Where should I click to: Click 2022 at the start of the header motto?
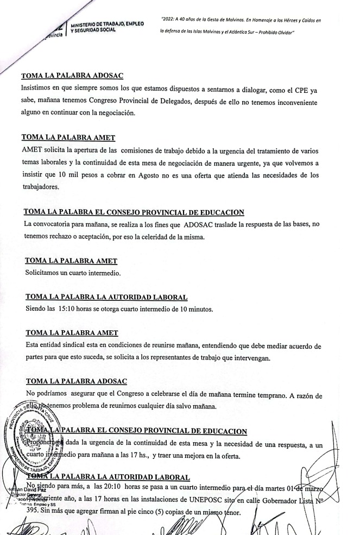coord(168,20)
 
